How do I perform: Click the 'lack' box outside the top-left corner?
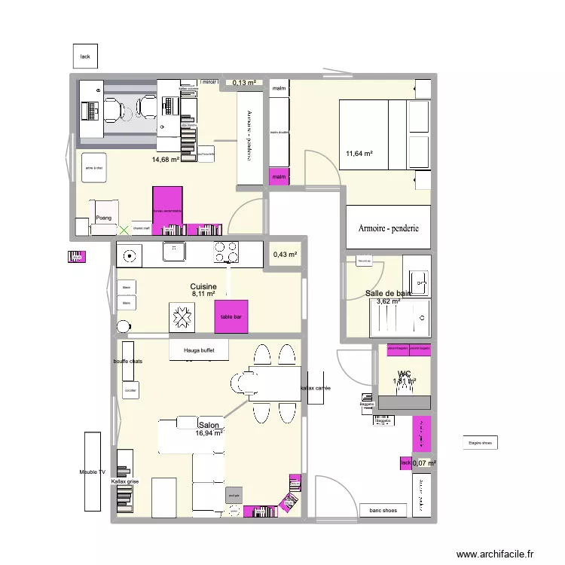85,56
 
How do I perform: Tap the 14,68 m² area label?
166,160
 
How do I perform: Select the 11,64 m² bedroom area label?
360,154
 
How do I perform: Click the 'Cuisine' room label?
203,287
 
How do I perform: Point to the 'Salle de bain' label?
388,293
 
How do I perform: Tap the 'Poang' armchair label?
104,218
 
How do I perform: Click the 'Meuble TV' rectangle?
93,471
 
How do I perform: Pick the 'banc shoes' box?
383,511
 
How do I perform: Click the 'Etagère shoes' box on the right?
480,444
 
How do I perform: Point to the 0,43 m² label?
286,255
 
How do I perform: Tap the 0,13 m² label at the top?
244,83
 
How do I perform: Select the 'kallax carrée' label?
316,388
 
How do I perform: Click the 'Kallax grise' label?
125,481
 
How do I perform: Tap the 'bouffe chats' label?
128,362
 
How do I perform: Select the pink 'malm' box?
279,177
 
